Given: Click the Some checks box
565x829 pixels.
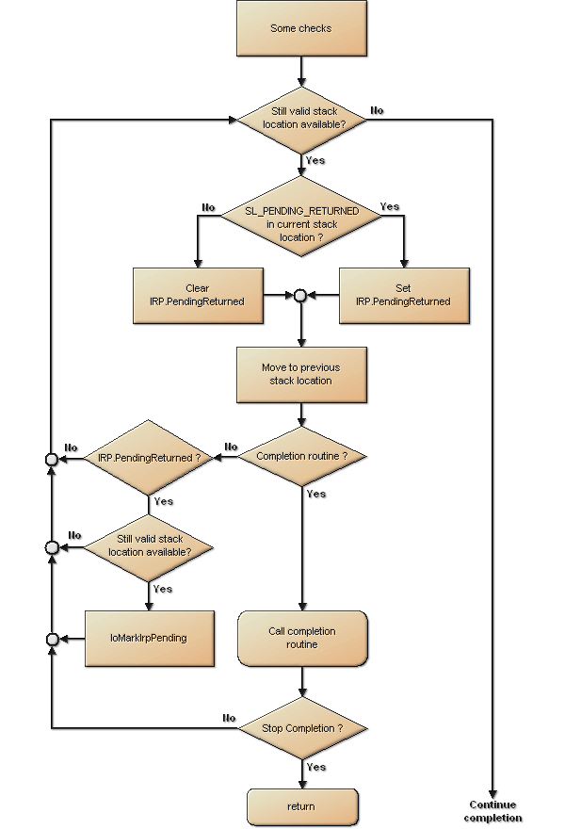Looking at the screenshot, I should (x=301, y=29).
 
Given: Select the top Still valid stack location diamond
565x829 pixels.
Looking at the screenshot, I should (x=301, y=118).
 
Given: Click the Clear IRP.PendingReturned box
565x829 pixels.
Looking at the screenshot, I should (x=198, y=295).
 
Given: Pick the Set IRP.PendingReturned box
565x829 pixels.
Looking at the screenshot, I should (x=403, y=295).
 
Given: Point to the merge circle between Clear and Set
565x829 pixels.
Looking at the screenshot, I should (x=300, y=295).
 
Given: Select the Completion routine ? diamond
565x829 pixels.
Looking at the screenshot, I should (x=301, y=457).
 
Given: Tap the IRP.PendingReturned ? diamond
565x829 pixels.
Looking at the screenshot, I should (x=149, y=458).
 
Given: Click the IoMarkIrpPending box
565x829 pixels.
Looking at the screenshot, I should (x=149, y=638).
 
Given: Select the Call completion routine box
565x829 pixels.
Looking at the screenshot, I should (x=301, y=638).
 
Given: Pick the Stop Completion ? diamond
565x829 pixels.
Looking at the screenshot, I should (x=301, y=728).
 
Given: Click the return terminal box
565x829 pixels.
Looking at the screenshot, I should (x=301, y=807).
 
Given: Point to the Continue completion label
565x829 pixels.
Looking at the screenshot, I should (x=492, y=811).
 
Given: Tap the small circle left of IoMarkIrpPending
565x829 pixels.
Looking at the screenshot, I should (x=52, y=640).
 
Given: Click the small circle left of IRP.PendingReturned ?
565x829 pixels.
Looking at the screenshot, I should (x=52, y=459).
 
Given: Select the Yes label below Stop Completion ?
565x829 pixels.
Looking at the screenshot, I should (x=316, y=767).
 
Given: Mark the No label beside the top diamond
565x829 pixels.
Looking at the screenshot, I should (x=377, y=110).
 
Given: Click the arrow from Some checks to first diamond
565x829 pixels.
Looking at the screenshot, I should (x=301, y=71).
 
